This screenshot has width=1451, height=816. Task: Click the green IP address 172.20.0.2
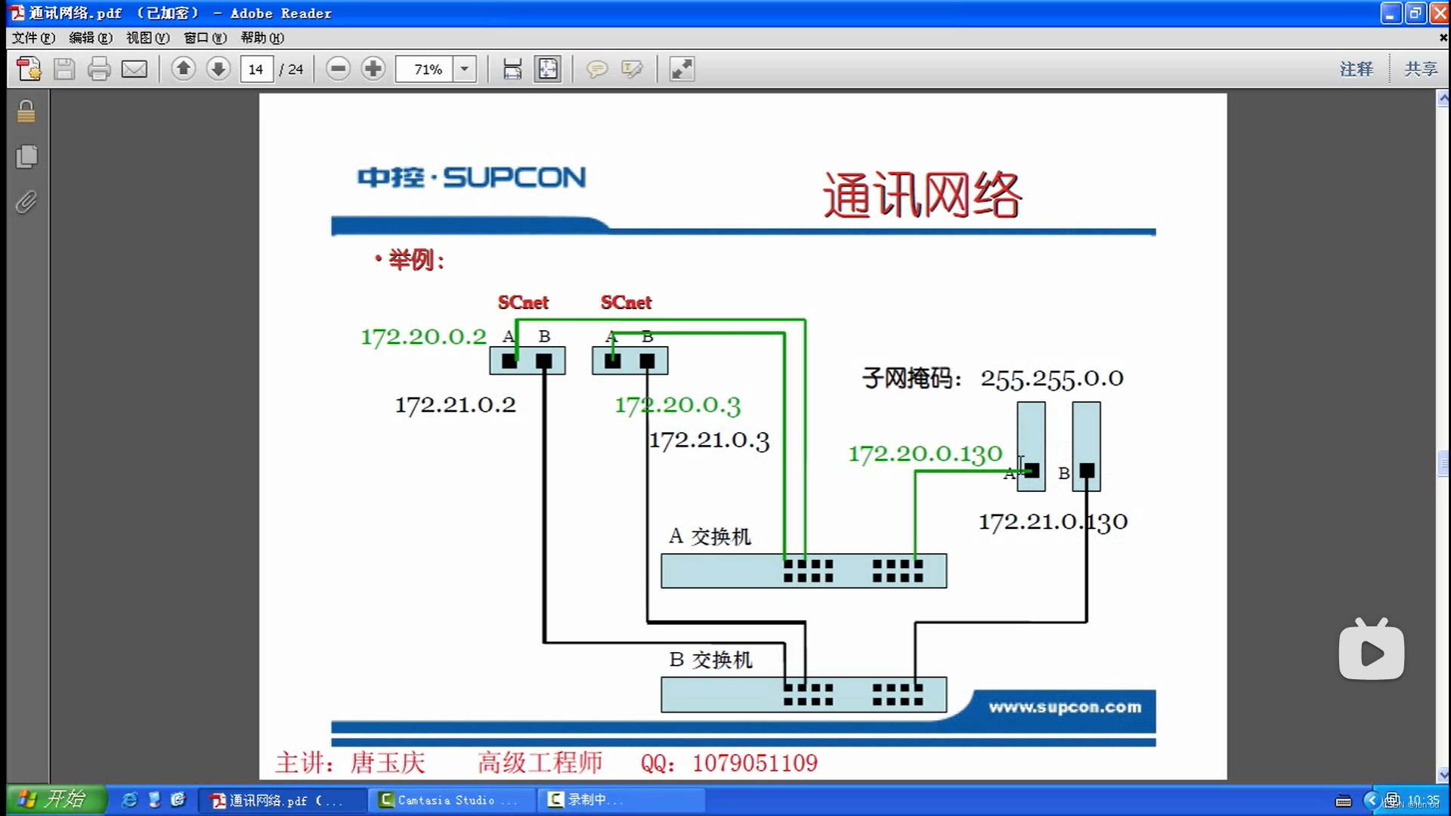tap(423, 337)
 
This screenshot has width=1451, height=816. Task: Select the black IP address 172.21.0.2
tap(455, 405)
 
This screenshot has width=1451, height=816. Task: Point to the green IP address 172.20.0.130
tap(925, 454)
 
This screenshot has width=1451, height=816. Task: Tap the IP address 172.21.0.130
tap(1053, 522)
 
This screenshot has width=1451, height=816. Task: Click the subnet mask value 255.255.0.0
tap(1051, 379)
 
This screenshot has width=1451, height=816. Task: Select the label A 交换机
tap(710, 536)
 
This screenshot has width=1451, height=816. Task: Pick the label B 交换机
tap(710, 660)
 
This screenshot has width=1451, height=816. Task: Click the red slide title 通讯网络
tap(922, 195)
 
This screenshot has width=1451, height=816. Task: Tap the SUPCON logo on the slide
tap(472, 178)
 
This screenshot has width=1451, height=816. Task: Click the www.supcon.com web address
tap(1065, 707)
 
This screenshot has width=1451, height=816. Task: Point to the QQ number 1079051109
tap(754, 763)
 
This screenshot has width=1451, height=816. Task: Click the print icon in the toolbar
tap(99, 70)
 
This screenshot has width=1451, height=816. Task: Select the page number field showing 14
tap(256, 70)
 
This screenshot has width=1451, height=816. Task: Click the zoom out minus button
tap(338, 70)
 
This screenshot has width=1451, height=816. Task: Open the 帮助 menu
tap(261, 38)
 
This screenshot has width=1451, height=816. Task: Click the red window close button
tap(1440, 14)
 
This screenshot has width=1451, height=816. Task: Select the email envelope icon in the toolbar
tap(135, 70)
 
